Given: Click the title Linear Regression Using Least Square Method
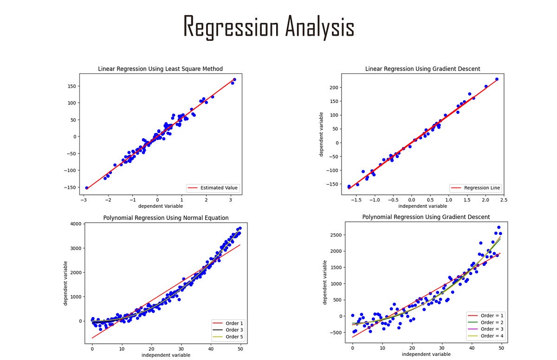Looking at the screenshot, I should (x=160, y=69).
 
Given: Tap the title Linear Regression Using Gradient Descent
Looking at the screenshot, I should (x=422, y=69).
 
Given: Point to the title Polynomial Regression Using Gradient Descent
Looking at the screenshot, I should (x=426, y=217).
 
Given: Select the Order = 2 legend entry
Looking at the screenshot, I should (x=492, y=322).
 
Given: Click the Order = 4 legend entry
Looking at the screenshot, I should (x=492, y=336).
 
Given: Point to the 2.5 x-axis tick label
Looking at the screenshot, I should (x=503, y=200).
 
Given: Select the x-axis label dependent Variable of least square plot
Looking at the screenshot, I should (x=160, y=206).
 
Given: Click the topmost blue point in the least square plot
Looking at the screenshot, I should (x=234, y=80).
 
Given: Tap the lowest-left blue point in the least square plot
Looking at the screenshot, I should (x=87, y=187).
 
